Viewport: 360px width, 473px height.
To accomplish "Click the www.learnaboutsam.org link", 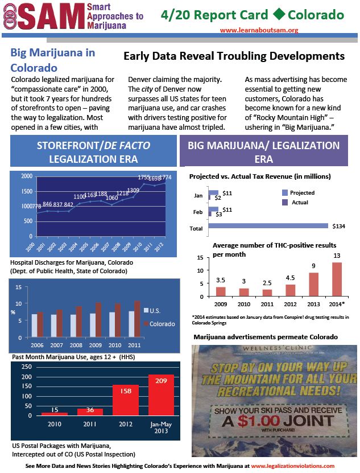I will point(259,30).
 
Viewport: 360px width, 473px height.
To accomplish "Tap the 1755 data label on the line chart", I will point(145,177).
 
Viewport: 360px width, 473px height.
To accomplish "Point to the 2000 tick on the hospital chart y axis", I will point(26,176).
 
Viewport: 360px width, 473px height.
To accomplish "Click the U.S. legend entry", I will point(155,311).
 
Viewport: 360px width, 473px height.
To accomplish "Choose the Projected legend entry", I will point(303,193).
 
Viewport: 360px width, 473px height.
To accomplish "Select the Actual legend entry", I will point(299,202).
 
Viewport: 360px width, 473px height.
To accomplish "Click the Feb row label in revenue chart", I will point(198,212).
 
